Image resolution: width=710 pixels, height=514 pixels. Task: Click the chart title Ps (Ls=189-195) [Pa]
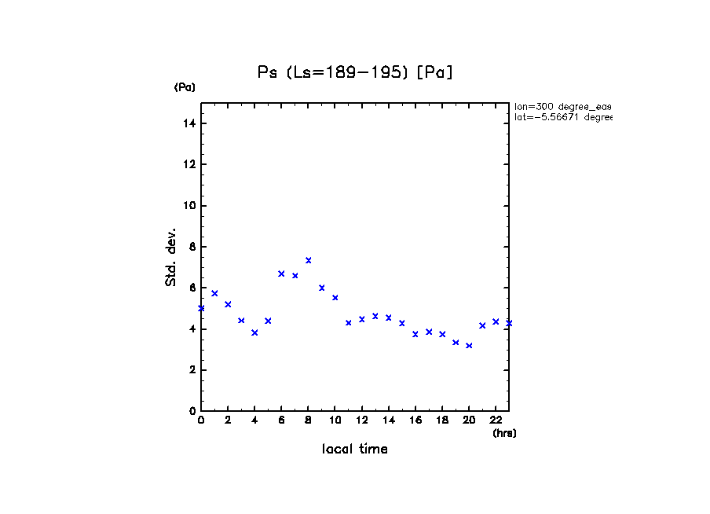pos(355,72)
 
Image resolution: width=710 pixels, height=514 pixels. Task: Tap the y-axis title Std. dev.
pos(170,258)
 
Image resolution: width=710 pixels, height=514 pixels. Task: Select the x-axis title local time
pos(354,449)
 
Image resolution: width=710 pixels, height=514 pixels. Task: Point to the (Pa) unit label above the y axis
pos(185,87)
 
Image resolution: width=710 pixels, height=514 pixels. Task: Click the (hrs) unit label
pos(504,433)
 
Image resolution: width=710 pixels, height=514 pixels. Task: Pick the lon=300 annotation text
pos(562,106)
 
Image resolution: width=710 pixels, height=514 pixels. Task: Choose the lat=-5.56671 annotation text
pos(562,117)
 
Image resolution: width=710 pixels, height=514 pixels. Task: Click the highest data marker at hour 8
pos(309,260)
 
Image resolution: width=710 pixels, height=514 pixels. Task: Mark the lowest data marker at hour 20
pos(469,346)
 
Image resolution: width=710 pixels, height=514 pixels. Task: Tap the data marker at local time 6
pos(281,274)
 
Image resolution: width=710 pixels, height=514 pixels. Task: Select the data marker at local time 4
pos(254,332)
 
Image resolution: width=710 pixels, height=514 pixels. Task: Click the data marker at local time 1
pos(214,293)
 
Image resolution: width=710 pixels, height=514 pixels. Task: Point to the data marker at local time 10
pos(335,298)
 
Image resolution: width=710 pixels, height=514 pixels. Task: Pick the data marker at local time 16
pos(415,334)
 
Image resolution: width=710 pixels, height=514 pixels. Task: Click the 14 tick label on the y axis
pos(189,123)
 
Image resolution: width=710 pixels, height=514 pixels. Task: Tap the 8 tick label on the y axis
pos(192,247)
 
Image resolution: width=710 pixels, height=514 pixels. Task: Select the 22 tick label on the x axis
pos(496,420)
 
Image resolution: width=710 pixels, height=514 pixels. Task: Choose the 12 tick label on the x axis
pos(361,420)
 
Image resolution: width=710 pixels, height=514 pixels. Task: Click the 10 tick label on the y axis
pos(189,206)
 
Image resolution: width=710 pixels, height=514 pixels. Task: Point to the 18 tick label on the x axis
pos(442,420)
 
